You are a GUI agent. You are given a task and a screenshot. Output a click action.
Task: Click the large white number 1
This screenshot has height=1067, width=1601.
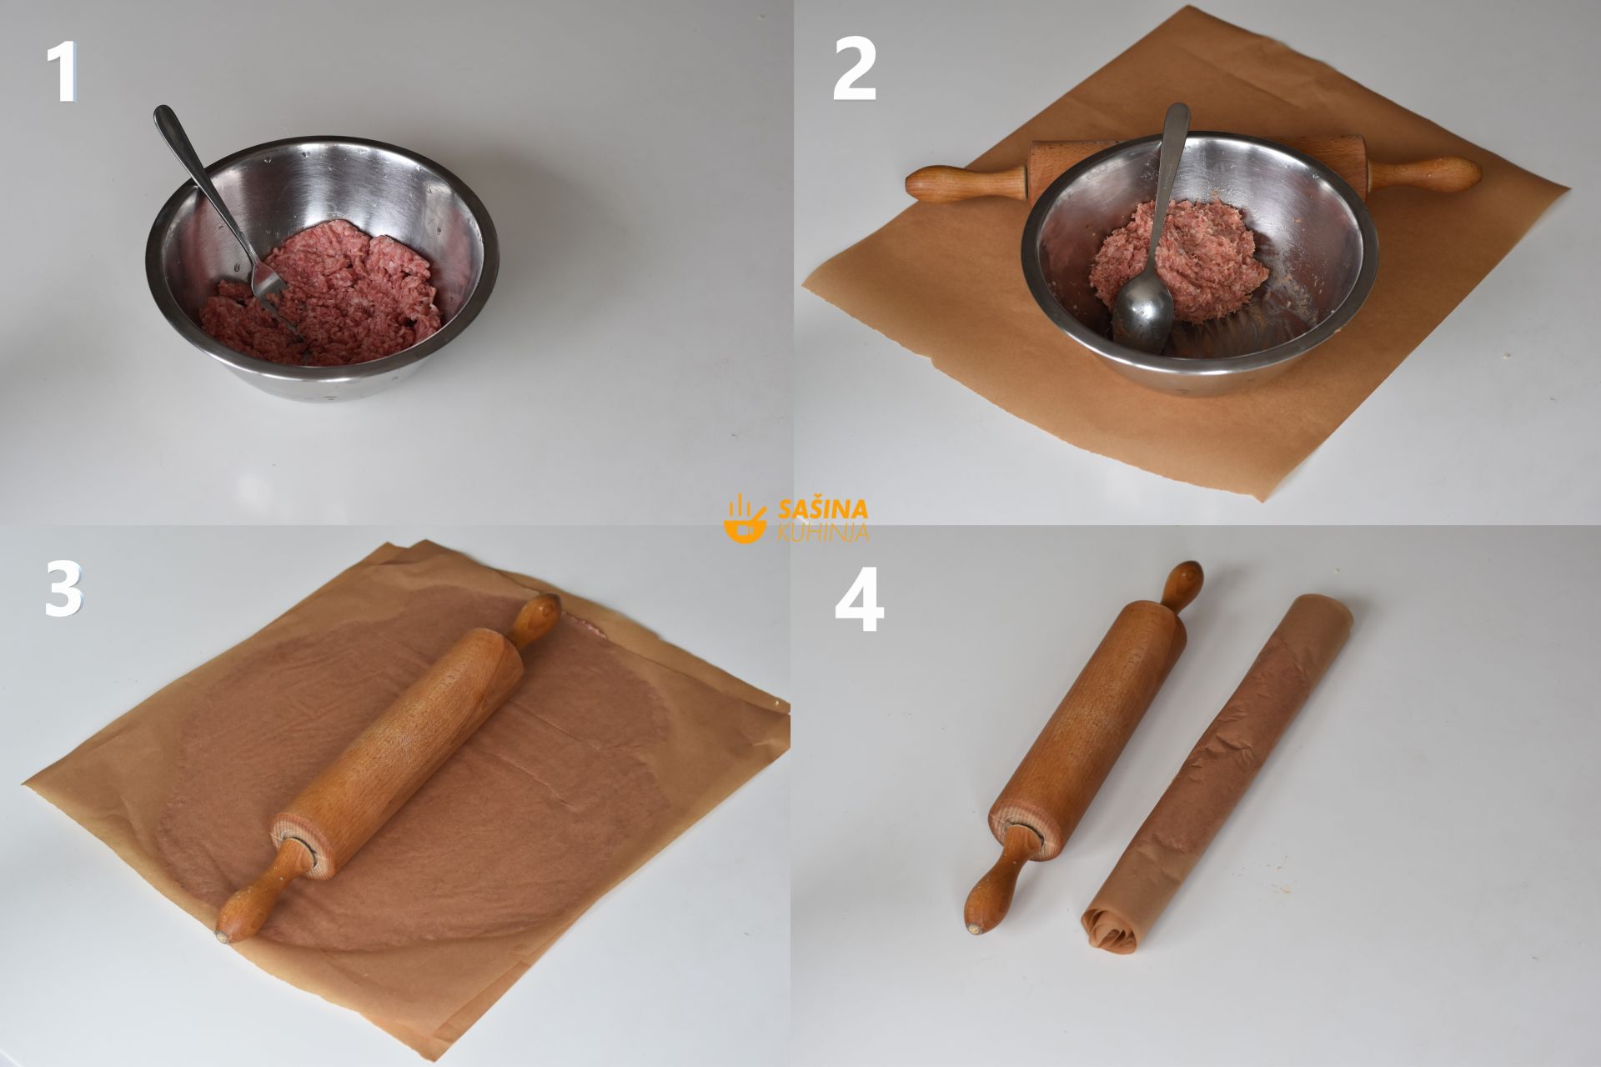[63, 73]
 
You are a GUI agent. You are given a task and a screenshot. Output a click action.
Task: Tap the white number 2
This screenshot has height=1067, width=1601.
[855, 72]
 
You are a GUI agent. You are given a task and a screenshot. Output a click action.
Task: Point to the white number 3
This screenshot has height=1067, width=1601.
[64, 589]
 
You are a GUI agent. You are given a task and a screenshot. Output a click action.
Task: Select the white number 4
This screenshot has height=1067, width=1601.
[859, 604]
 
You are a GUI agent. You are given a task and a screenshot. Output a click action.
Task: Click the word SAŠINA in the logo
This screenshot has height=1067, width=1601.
[822, 508]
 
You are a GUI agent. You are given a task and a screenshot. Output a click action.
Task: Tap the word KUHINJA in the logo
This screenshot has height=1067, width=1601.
[822, 532]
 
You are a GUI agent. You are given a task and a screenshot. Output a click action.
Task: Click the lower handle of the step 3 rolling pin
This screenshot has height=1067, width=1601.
[258, 892]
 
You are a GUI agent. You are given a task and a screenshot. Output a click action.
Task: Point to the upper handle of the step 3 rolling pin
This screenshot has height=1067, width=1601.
[534, 621]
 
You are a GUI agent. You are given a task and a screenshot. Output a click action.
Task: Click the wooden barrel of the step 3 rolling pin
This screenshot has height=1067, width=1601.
[399, 750]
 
